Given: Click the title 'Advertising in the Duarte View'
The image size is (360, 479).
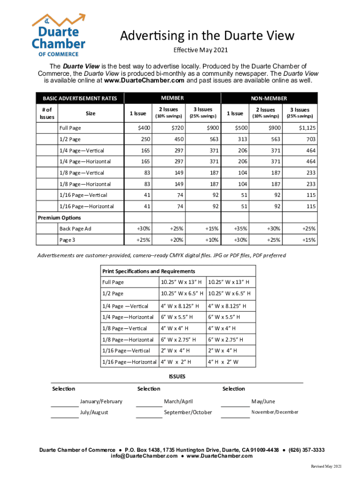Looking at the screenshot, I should pyautogui.click(x=208, y=36).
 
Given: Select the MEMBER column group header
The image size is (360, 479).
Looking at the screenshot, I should pyautogui.click(x=172, y=98).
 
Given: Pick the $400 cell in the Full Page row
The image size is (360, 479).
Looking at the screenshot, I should pyautogui.click(x=144, y=128).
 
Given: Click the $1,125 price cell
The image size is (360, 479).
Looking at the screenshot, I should pyautogui.click(x=307, y=128).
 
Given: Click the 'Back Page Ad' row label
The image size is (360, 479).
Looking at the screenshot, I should pyautogui.click(x=75, y=229).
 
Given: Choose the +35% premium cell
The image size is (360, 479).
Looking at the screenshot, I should pyautogui.click(x=240, y=229).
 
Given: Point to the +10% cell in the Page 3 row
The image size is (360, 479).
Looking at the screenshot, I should pyautogui.click(x=211, y=240).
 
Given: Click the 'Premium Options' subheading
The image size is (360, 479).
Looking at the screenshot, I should pyautogui.click(x=59, y=218).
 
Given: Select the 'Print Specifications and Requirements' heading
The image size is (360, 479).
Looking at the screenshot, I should pyautogui.click(x=149, y=271).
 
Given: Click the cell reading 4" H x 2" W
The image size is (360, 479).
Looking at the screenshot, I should pyautogui.click(x=223, y=362).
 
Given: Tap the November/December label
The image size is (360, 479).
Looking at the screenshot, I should pyautogui.click(x=274, y=412).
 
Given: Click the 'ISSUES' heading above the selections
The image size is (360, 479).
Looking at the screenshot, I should pyautogui.click(x=177, y=377).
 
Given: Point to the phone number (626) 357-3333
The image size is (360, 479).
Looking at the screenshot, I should pyautogui.click(x=306, y=450).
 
